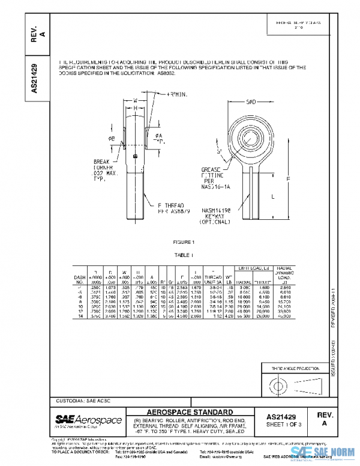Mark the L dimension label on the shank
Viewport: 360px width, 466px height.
pyautogui.click(x=273, y=197)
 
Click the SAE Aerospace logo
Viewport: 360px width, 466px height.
pyautogui.click(x=88, y=420)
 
